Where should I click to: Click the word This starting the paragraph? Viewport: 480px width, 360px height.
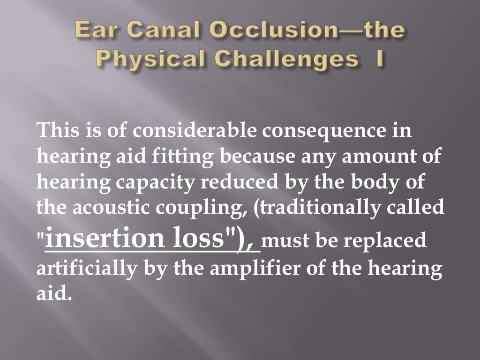click(x=56, y=130)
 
